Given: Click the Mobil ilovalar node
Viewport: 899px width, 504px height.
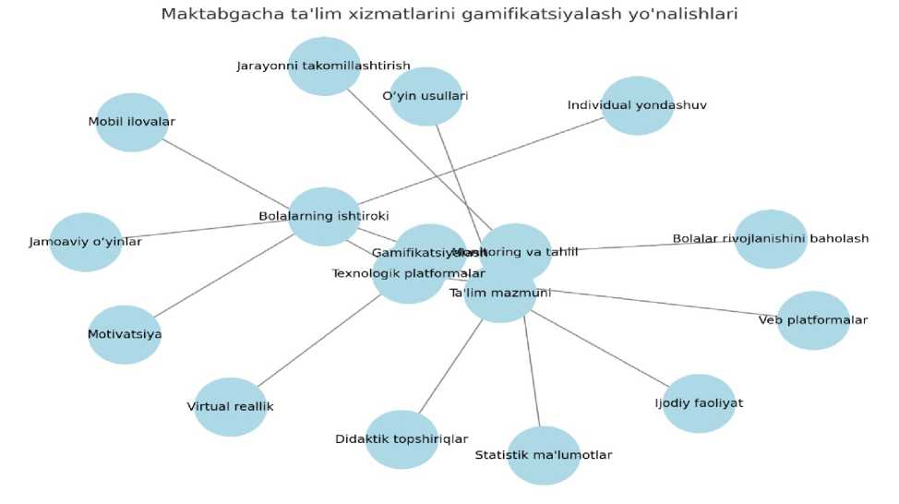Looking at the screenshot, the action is (x=132, y=122).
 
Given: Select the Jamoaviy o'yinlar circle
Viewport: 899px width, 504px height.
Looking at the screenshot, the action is (x=86, y=242).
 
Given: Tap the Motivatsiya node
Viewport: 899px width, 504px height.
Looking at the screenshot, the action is (x=125, y=334).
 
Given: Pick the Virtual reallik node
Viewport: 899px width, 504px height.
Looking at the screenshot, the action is (x=230, y=406).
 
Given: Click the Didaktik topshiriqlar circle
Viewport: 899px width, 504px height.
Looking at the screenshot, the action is (x=402, y=439).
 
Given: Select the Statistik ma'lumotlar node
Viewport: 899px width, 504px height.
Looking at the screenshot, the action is (x=544, y=455).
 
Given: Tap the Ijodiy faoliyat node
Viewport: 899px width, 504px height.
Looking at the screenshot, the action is (x=699, y=403).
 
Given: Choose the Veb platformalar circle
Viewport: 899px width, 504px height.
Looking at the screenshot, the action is (x=812, y=320).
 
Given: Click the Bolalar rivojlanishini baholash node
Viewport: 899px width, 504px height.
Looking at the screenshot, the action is (x=771, y=238).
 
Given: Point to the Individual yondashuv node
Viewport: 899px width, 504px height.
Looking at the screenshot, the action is (x=637, y=105).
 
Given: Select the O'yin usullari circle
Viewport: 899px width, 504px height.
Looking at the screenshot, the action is (x=426, y=96).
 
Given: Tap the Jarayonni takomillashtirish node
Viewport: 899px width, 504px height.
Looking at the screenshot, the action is (x=323, y=66).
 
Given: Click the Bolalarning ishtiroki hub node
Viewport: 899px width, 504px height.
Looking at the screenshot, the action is (x=323, y=216).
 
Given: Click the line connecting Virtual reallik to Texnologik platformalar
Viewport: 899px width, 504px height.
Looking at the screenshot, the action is (x=319, y=341).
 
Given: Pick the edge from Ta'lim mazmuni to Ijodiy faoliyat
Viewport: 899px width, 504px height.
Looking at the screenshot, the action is (x=600, y=350).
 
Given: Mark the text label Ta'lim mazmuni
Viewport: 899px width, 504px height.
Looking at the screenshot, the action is (x=499, y=294).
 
